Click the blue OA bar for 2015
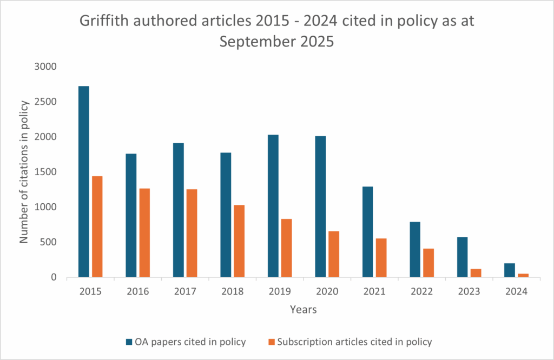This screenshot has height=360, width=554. pos(83,182)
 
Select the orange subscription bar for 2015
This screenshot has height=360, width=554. pos(97,227)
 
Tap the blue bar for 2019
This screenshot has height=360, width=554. pos(273,206)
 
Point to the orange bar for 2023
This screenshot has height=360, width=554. pos(476,273)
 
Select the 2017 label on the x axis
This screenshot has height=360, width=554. pos(185,291)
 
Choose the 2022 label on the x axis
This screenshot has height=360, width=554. pos(422,291)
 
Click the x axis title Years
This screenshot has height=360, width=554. pos(303,310)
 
